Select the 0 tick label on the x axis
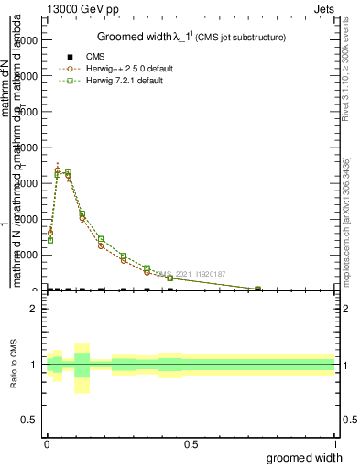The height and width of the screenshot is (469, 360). coord(47,444)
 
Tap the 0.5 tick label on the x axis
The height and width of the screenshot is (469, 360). coord(191,444)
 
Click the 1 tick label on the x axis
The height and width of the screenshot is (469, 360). coord(335,444)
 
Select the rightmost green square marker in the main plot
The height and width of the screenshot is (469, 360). coord(257,289)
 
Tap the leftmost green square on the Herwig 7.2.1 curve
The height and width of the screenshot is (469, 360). coord(49,240)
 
